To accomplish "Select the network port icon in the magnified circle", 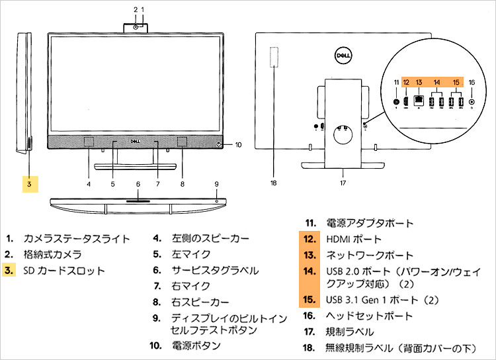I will click(418, 101).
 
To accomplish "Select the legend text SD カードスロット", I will click(64, 270).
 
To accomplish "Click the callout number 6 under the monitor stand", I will click(138, 184).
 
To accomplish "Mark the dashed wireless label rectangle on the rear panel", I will click(275, 58).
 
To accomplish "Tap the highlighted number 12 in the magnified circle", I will click(405, 82).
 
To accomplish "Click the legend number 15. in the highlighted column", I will click(309, 300).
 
